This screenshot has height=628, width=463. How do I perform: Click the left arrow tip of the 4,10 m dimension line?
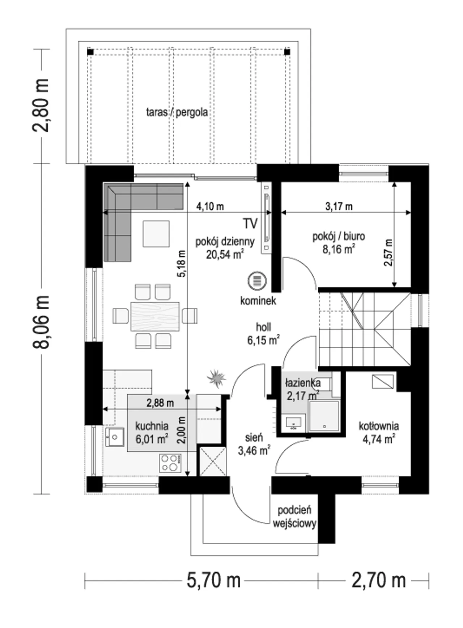(103, 213)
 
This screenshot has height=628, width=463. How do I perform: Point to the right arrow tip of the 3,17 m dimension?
(411, 212)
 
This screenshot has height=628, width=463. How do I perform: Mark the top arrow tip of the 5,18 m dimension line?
(187, 182)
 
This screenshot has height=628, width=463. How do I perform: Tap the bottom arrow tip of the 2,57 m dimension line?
(394, 287)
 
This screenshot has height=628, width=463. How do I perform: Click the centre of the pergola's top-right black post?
(287, 52)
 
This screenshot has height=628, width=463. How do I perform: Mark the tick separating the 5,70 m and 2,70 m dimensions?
(318, 581)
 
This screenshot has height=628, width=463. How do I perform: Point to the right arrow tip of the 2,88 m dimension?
(221, 409)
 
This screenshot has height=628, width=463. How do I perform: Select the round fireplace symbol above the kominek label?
(257, 281)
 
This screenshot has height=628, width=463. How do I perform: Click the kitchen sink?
(115, 437)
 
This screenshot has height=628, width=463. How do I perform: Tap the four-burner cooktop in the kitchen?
(170, 463)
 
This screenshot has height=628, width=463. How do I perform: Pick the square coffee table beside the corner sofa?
(156, 234)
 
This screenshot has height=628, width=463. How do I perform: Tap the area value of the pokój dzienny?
(225, 255)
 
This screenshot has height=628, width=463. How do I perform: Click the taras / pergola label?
(177, 112)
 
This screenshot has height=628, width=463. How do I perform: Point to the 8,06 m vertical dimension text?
(41, 322)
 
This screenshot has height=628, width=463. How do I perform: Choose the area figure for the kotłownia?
(378, 439)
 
